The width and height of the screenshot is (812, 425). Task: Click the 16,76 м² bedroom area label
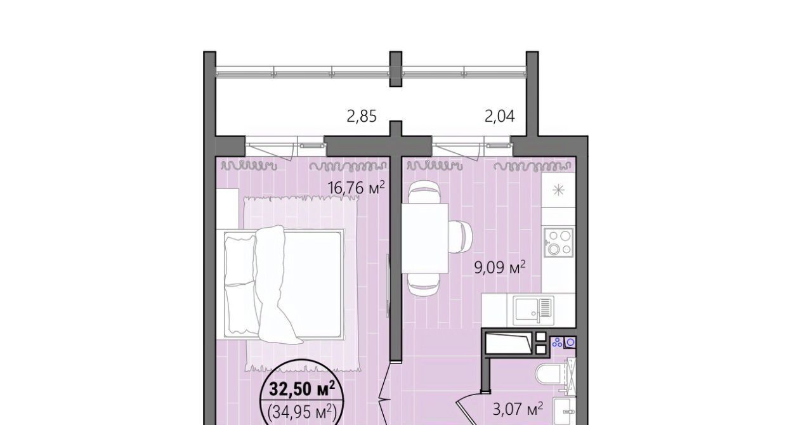coord(356,188)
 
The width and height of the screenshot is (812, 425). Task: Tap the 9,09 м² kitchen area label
coord(500,268)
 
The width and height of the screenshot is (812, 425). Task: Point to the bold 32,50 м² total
coord(301,390)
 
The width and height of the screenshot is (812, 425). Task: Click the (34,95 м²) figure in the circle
coord(302,412)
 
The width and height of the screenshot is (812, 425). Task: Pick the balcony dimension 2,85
coord(362,117)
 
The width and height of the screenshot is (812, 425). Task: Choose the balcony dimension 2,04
coord(499,117)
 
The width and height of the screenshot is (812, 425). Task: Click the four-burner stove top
coord(558,242)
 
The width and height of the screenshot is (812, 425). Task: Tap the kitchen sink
coord(534,310)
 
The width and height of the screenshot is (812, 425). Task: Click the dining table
coord(424,238)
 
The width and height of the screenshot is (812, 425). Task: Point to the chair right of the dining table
coord(461,238)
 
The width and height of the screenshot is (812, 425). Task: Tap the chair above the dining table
coord(424,193)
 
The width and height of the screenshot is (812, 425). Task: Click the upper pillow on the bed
coord(240,259)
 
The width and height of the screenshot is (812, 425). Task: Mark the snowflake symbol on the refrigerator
coord(558,190)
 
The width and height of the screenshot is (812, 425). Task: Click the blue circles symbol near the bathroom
coord(557,342)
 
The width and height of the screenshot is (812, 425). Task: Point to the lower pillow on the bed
coord(242,308)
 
